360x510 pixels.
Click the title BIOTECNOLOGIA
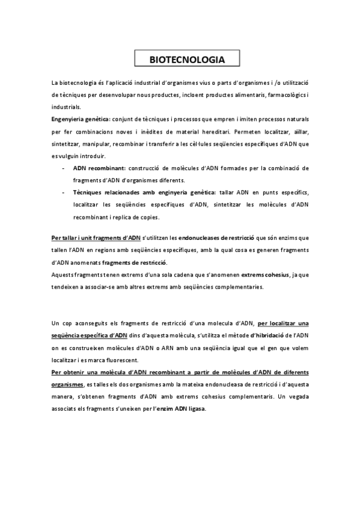tap(186, 60)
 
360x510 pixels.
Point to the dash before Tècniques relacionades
tap(63, 192)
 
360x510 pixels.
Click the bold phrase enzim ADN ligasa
tap(180, 409)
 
